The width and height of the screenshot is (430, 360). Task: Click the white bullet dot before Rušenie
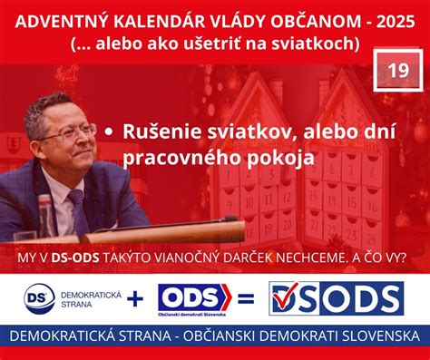coord(110,132)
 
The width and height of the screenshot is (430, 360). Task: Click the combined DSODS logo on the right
coord(335,297)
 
